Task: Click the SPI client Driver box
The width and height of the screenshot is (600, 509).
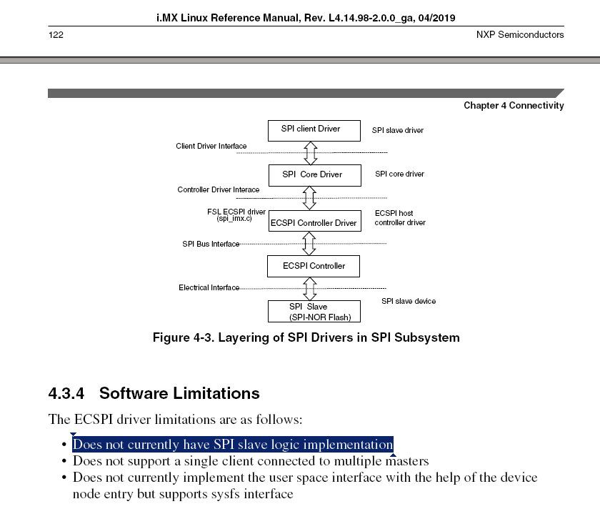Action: point(310,129)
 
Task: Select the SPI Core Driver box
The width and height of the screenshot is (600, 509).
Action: point(312,174)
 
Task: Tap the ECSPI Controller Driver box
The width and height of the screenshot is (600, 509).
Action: point(314,222)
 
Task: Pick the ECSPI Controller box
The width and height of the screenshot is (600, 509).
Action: point(313,266)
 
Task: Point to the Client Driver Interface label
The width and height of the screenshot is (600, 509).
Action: point(211,147)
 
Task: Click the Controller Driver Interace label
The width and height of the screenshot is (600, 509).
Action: point(219,190)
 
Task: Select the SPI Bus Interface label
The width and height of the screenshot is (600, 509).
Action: point(211,244)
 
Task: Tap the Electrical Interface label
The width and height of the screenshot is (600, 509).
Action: point(209,287)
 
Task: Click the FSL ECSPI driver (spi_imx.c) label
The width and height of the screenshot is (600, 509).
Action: point(236,214)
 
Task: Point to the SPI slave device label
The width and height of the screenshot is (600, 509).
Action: point(408,301)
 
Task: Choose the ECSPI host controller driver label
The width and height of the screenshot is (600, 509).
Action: point(400,218)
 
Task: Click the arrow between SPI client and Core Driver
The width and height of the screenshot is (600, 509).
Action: point(311,153)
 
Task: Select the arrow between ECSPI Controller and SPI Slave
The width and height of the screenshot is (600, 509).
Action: point(310,289)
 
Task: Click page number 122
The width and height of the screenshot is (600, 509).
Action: point(56,34)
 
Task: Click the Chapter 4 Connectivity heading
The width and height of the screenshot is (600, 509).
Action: point(514,106)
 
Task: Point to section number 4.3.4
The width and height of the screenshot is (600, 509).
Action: point(66,393)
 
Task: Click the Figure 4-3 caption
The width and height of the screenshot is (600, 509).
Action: point(306,337)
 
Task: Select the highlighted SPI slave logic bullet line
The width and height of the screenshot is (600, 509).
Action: point(233,444)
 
